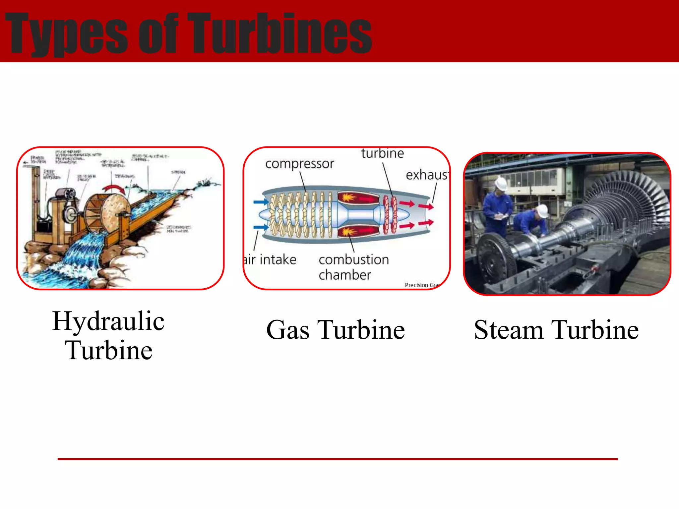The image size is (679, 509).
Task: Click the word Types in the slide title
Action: [66, 33]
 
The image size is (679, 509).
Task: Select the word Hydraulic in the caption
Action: [108, 321]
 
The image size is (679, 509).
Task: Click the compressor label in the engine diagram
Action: [299, 164]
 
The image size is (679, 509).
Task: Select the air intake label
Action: [270, 259]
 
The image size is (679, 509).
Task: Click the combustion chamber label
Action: [353, 267]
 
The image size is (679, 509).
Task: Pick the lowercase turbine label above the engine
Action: [382, 153]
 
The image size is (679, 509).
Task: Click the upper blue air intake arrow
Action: [261, 202]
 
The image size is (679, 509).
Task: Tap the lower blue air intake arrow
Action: [261, 227]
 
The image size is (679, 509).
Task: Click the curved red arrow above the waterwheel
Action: [113, 189]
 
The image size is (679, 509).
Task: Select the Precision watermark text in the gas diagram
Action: [416, 285]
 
